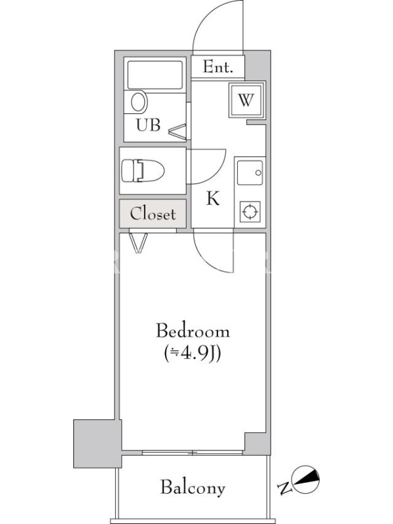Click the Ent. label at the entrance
[217, 67]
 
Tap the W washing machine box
[247, 100]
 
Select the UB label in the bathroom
[148, 124]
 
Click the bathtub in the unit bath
[155, 75]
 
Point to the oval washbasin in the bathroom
[139, 102]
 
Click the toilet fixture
[143, 171]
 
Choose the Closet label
[153, 214]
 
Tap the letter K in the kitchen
[213, 198]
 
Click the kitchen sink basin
[250, 172]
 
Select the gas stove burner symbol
[250, 212]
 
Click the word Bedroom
[193, 331]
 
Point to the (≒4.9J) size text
[193, 353]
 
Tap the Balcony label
[193, 487]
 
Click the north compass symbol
[305, 479]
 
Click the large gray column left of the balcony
[98, 443]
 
